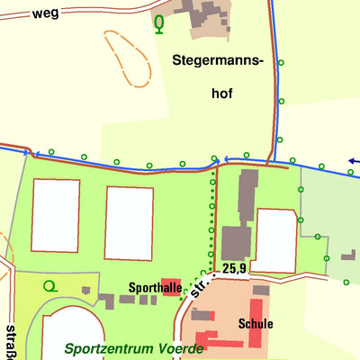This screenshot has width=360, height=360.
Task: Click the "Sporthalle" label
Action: click(129, 288)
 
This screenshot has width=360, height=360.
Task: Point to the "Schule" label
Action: click(256, 323)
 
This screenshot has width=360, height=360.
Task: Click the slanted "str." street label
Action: click(200, 289)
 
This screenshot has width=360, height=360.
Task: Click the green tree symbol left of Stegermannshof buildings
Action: click(159, 23)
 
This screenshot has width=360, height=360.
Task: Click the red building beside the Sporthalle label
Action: click(172, 287)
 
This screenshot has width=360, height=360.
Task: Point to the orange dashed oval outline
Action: click(126, 58)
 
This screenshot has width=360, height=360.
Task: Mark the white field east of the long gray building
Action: click(276, 239)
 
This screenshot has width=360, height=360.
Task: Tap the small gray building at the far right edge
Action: click(348, 256)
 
